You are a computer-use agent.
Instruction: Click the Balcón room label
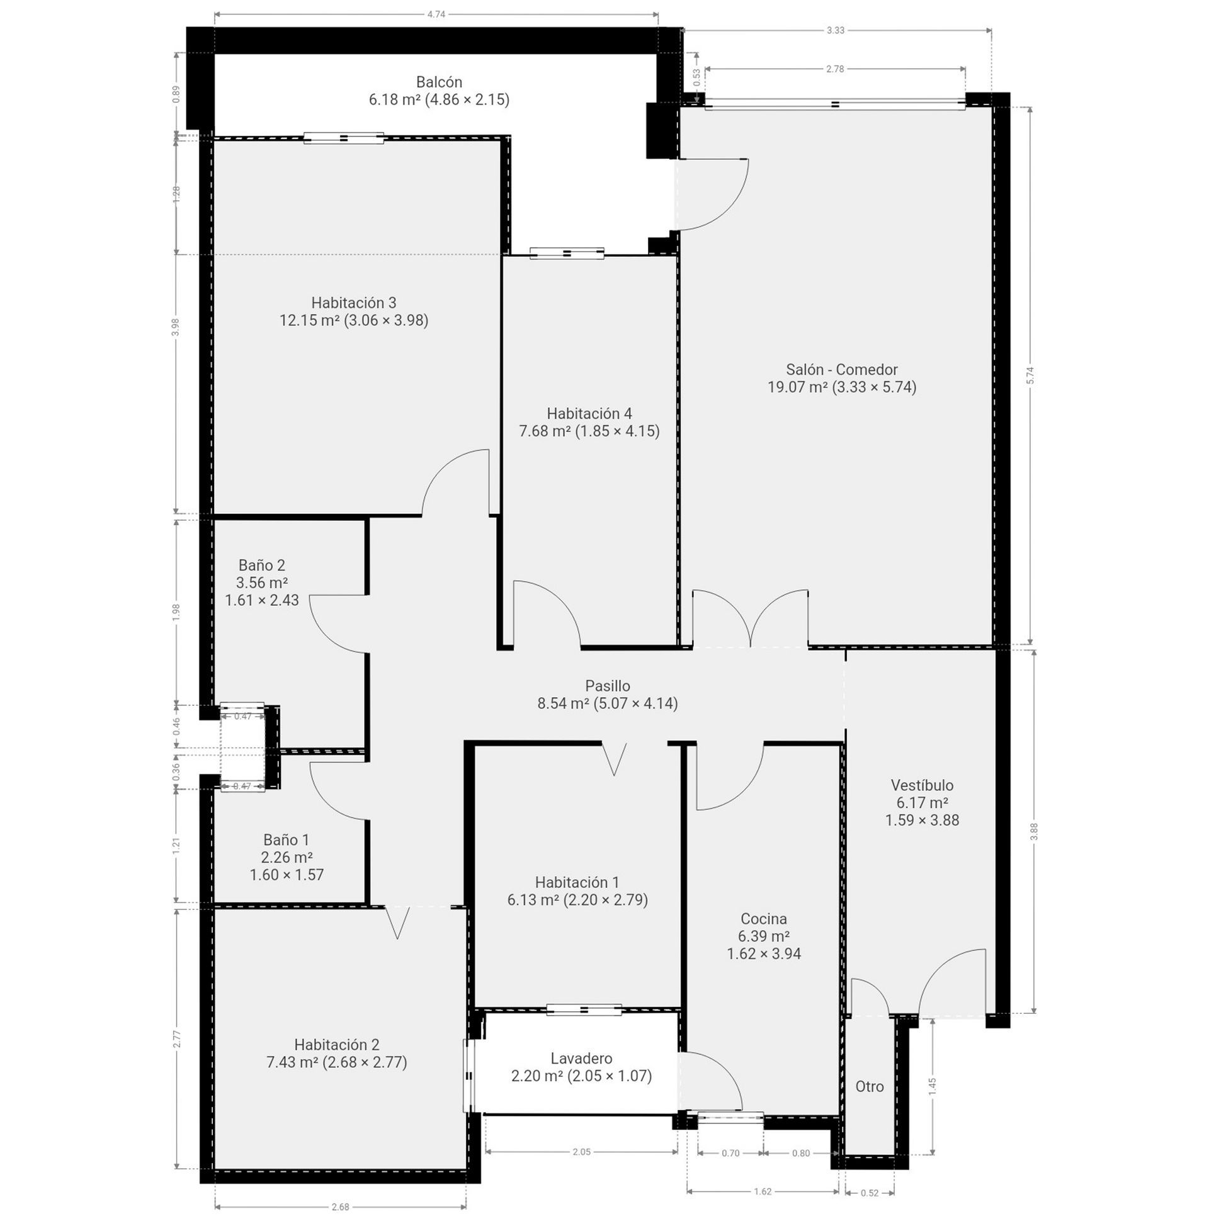pyautogui.click(x=439, y=82)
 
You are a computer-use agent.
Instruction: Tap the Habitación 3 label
pyautogui.click(x=353, y=303)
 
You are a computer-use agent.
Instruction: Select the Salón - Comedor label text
pyautogui.click(x=841, y=369)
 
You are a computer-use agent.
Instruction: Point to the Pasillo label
pyautogui.click(x=607, y=686)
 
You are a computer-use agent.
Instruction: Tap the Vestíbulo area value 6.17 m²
pyautogui.click(x=921, y=803)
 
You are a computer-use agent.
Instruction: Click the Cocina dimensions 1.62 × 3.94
pyautogui.click(x=763, y=953)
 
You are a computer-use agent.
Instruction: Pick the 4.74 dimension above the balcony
pyautogui.click(x=436, y=14)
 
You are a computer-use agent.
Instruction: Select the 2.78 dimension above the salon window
pyautogui.click(x=834, y=69)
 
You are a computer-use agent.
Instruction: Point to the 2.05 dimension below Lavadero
pyautogui.click(x=581, y=1152)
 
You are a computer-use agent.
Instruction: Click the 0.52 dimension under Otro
pyautogui.click(x=870, y=1193)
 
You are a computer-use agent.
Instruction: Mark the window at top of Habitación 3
pyautogui.click(x=343, y=138)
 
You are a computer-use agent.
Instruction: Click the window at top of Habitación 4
pyautogui.click(x=566, y=253)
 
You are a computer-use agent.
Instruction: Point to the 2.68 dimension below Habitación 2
pyautogui.click(x=340, y=1207)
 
